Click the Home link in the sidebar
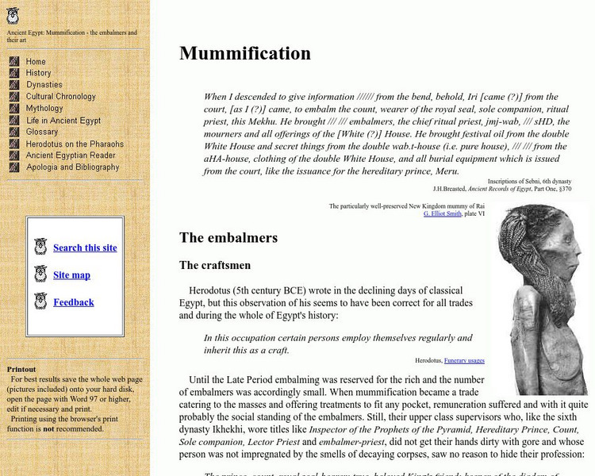coord(36,61)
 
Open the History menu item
coord(38,73)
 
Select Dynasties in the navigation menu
coord(44,85)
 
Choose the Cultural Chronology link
coord(60,97)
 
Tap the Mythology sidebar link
coord(44,109)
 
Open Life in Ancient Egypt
coord(63,121)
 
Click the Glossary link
coord(42,132)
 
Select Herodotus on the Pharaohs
coord(75,144)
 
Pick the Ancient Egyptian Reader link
coord(71,155)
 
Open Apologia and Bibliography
coord(72,167)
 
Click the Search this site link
coord(85,248)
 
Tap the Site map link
coord(71,274)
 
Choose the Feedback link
coord(74,302)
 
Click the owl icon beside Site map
coord(40,274)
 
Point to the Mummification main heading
coord(245,53)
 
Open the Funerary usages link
coord(464,360)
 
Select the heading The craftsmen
coord(214,266)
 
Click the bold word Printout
coord(21,369)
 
